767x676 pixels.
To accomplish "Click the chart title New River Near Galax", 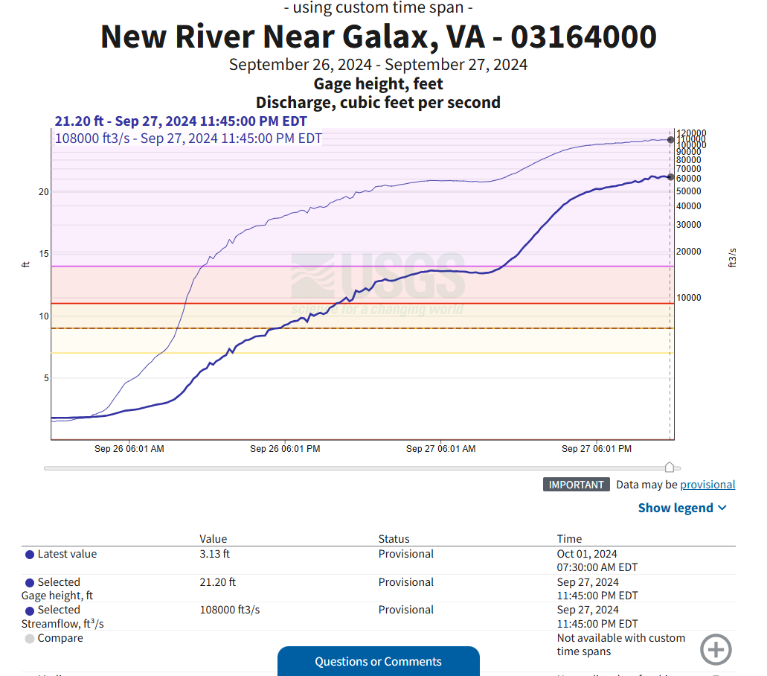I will (378, 36).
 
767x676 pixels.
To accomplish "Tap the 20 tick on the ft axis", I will (44, 192).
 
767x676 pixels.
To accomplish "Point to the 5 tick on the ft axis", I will (46, 378).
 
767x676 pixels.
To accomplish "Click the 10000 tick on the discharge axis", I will (688, 298).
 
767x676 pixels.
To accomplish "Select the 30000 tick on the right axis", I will (688, 225).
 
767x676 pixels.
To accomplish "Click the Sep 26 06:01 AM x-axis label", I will (129, 449).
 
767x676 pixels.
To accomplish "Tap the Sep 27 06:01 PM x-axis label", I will (596, 449).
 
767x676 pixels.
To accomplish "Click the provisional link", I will (707, 485).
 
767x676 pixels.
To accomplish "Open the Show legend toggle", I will (682, 508).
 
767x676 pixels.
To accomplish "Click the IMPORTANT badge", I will (576, 485).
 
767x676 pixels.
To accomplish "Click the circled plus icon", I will (716, 649).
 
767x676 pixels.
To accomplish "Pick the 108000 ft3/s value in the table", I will (230, 610).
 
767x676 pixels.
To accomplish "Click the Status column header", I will (394, 539).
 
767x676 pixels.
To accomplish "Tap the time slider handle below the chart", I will (669, 467).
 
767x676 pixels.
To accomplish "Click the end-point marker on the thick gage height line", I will (670, 177).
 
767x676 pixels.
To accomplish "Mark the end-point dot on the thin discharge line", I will (670, 140).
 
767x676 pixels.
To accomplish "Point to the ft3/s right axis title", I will (733, 258).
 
